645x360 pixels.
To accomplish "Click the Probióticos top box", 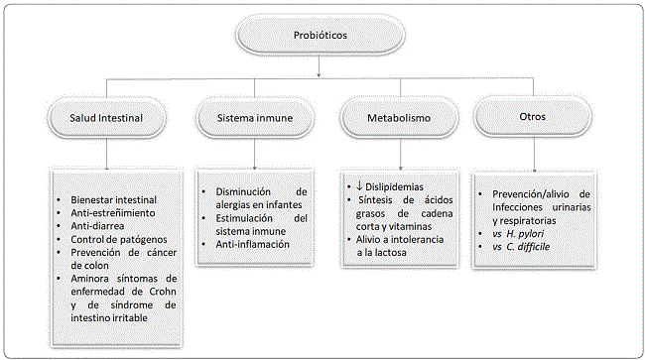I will pos(321,35).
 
